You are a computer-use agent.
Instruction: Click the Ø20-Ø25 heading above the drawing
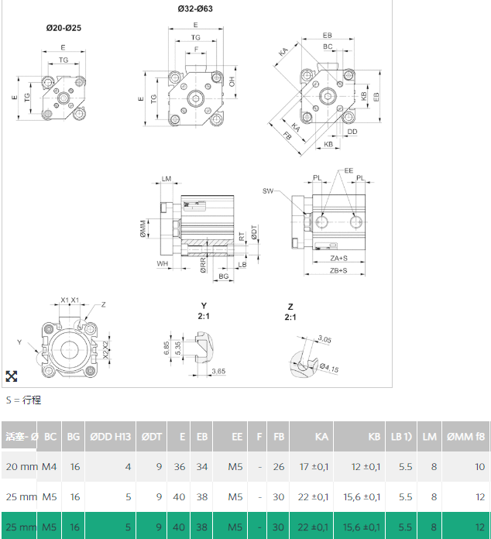[x=64, y=28]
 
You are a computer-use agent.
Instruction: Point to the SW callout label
[x=268, y=191]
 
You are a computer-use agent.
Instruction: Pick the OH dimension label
[x=232, y=81]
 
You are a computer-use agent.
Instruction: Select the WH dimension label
[x=163, y=263]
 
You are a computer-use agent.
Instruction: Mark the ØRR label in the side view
[x=203, y=266]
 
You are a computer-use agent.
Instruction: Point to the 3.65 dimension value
[x=218, y=372]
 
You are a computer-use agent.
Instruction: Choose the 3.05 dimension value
[x=325, y=338]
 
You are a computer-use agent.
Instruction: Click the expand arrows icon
[x=12, y=376]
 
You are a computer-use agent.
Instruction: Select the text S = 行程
[x=23, y=400]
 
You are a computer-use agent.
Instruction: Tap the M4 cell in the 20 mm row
[x=50, y=467]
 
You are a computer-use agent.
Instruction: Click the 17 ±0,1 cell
[x=313, y=467]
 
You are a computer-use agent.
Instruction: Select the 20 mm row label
[x=21, y=467]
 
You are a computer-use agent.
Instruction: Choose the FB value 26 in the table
[x=278, y=467]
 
